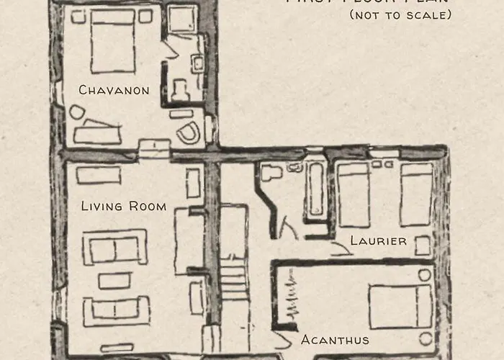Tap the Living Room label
(x=123, y=207)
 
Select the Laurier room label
(x=378, y=240)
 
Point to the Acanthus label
(x=335, y=340)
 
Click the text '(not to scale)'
(x=400, y=14)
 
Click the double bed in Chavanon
(x=113, y=41)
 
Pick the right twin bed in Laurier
(x=416, y=194)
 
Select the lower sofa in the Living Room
(x=116, y=310)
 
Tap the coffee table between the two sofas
(x=114, y=279)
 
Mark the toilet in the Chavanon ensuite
(x=180, y=85)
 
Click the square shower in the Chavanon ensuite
(x=183, y=20)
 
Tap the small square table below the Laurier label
(x=423, y=246)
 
